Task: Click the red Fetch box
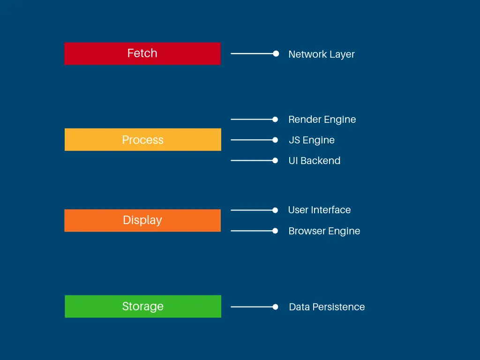click(x=142, y=53)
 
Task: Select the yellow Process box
click(x=142, y=140)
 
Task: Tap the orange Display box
click(x=142, y=220)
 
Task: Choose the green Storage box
click(x=142, y=307)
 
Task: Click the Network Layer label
click(x=322, y=54)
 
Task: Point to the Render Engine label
click(x=322, y=120)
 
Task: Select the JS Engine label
click(x=312, y=140)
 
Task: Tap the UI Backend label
click(x=315, y=161)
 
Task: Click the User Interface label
click(x=319, y=210)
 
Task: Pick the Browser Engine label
click(x=324, y=231)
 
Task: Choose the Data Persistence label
click(x=327, y=307)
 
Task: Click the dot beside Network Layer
click(x=276, y=53)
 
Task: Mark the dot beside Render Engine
click(x=275, y=120)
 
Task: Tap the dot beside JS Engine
click(x=275, y=140)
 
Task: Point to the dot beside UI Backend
click(x=275, y=160)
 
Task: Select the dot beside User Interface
click(x=275, y=210)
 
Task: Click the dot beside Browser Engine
click(x=275, y=231)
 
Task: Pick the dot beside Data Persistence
click(x=275, y=307)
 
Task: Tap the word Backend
click(x=321, y=161)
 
